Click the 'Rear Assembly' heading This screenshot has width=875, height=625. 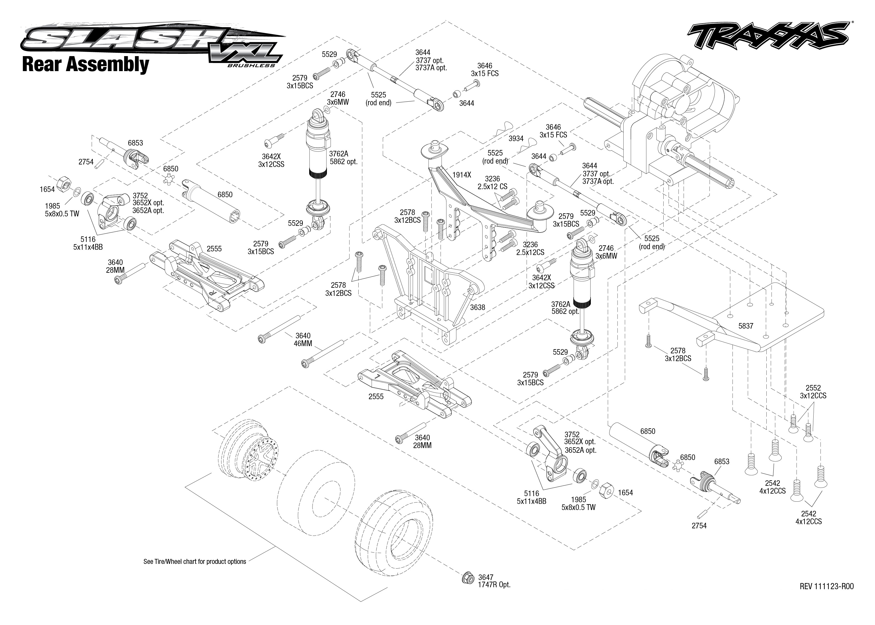coord(86,64)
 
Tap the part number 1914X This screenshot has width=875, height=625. coord(461,175)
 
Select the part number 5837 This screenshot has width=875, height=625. coord(745,326)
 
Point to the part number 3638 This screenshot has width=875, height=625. coord(477,307)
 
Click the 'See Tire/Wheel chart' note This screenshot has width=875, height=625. coord(194,561)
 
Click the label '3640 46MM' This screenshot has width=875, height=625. coord(303,339)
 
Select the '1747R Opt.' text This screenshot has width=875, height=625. coord(494,585)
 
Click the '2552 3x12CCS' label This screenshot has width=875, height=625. coord(813,392)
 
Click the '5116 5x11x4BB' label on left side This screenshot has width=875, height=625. coord(88,243)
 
